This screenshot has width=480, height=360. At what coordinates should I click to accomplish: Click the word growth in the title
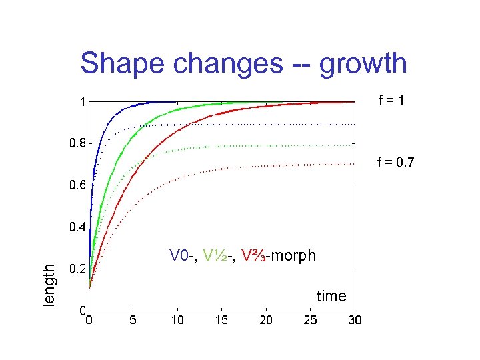click(x=363, y=64)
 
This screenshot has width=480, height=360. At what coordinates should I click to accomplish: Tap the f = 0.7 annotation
click(x=395, y=161)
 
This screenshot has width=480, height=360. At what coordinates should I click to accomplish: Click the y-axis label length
click(x=49, y=285)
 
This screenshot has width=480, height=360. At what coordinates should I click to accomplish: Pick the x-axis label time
click(x=331, y=296)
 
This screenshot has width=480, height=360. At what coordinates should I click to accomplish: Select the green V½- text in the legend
click(x=219, y=255)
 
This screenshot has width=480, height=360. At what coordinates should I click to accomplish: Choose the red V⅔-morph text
click(x=279, y=255)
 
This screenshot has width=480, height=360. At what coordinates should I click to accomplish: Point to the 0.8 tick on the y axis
click(x=77, y=143)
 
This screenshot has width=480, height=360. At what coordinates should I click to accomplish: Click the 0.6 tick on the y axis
click(x=77, y=185)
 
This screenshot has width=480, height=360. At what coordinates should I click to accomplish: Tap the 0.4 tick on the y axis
click(x=77, y=227)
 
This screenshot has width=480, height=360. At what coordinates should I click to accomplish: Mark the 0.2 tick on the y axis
click(x=77, y=269)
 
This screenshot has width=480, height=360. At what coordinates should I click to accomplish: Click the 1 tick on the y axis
click(x=82, y=102)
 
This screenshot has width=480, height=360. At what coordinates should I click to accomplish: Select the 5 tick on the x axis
click(x=133, y=321)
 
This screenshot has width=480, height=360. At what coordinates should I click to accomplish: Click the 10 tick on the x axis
click(x=177, y=321)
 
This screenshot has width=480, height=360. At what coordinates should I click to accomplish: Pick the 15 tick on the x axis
click(x=221, y=321)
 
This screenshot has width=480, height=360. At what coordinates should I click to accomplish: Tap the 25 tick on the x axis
click(x=309, y=321)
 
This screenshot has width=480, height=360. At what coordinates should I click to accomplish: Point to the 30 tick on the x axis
click(x=354, y=321)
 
